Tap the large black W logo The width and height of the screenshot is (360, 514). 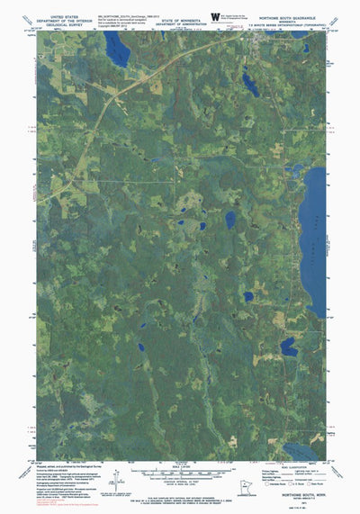tap(213, 16)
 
